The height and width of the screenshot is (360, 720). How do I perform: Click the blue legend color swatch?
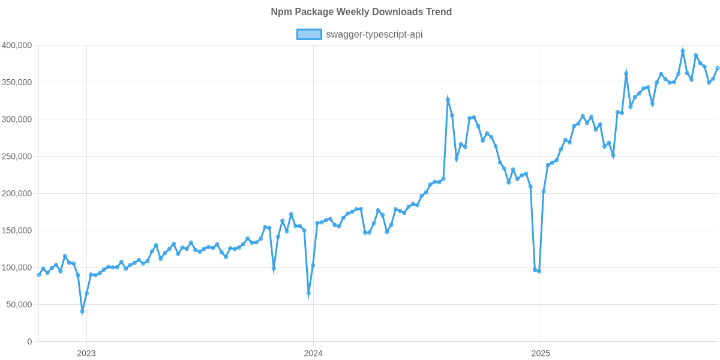tap(309, 34)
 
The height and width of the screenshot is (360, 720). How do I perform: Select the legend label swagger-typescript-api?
tap(374, 34)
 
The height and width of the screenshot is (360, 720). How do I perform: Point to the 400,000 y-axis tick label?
tap(17, 46)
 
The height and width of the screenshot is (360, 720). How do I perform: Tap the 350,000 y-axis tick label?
tap(17, 82)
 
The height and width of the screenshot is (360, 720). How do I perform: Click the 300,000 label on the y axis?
tap(17, 119)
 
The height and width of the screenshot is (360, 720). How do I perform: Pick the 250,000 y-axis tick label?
tap(17, 157)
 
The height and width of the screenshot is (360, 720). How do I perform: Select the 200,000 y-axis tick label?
tap(17, 194)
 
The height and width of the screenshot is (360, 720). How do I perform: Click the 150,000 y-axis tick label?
tap(17, 230)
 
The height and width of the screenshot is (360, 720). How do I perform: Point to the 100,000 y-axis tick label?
tap(17, 268)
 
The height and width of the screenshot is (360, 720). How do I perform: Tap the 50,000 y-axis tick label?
tap(19, 305)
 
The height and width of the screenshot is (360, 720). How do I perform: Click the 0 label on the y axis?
tap(29, 342)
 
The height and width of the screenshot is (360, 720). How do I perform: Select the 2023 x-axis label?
tap(86, 353)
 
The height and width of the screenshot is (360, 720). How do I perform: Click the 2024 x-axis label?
tap(313, 353)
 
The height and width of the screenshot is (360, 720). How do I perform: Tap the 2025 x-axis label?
tap(541, 353)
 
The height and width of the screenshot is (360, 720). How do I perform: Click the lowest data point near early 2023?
tap(82, 312)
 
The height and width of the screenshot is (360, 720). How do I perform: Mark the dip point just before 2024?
tap(308, 294)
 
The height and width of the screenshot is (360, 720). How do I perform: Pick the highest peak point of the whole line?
tap(683, 51)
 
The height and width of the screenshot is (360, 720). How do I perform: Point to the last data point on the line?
tap(718, 68)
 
